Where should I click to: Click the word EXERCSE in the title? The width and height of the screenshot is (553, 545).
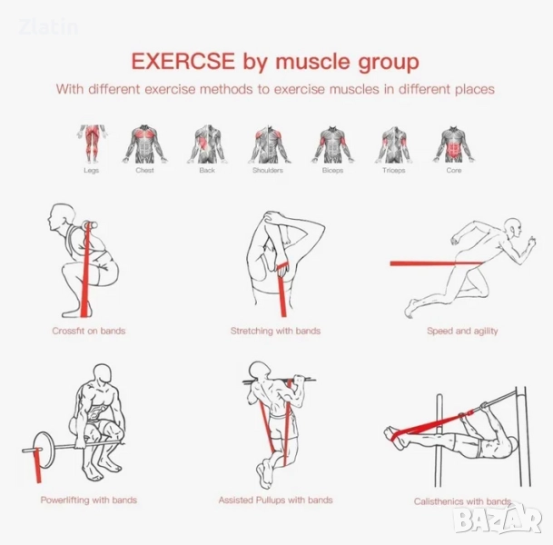click(183, 61)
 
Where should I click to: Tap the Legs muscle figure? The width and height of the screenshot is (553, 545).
click(92, 144)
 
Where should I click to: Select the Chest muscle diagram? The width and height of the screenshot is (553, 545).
click(144, 144)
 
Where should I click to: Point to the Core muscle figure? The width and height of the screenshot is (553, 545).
click(453, 144)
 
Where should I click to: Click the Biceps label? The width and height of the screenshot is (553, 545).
click(332, 171)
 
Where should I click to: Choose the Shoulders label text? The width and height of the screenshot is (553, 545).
click(268, 171)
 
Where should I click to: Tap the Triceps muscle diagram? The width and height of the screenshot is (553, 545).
click(393, 144)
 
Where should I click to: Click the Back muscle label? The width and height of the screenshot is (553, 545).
click(207, 171)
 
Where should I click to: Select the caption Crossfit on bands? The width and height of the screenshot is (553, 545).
click(89, 331)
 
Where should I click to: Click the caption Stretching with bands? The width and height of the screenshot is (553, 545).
click(275, 331)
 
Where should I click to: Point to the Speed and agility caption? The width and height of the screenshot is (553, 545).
click(462, 331)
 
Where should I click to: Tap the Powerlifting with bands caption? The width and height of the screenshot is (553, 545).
click(89, 500)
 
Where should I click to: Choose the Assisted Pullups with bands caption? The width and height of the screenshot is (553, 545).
click(275, 500)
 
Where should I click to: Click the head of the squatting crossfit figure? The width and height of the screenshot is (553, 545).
click(59, 216)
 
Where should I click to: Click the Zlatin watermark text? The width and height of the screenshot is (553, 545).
click(49, 27)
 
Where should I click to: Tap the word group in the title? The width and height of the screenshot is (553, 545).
click(389, 62)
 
